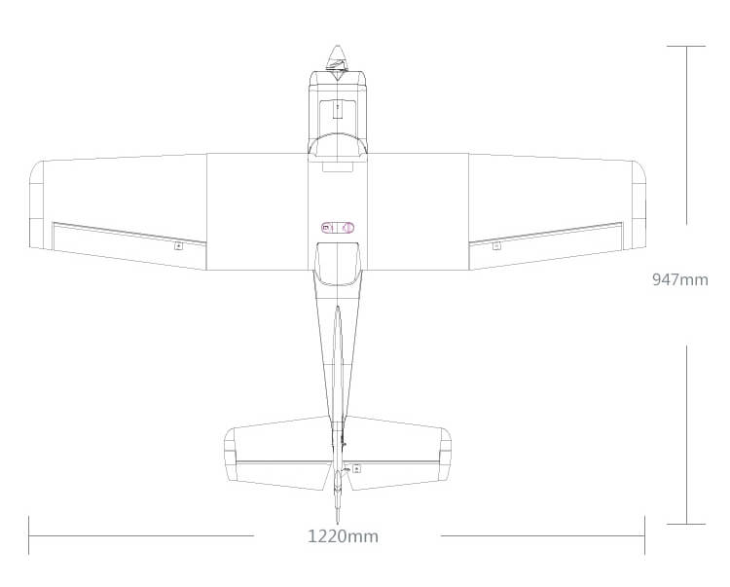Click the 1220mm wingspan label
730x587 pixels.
[x=343, y=536]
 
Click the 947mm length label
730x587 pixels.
[x=679, y=280]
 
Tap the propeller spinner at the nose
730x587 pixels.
[x=337, y=56]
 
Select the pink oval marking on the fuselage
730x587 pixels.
[x=337, y=227]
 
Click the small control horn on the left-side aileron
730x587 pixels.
[x=178, y=246]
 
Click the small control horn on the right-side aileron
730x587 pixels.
[x=496, y=246]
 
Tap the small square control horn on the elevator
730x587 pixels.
[x=356, y=468]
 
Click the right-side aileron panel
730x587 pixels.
[x=545, y=239]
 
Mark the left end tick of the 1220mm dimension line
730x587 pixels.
[x=29, y=534]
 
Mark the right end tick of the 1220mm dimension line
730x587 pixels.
[x=644, y=534]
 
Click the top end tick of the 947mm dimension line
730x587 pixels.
[x=686, y=46]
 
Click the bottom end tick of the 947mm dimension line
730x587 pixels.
[x=686, y=524]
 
